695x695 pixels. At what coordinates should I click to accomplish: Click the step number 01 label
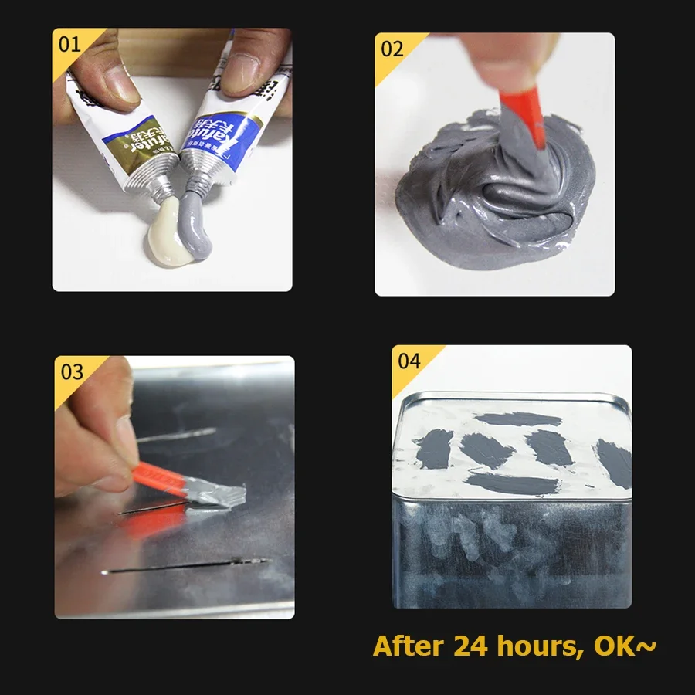pyautogui.click(x=69, y=44)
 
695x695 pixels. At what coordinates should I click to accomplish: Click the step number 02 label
pyautogui.click(x=392, y=49)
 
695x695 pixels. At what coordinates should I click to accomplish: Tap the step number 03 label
pyautogui.click(x=72, y=372)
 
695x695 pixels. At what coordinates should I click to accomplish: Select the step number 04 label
pyautogui.click(x=409, y=361)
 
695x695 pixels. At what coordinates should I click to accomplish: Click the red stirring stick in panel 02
pyautogui.click(x=525, y=124)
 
